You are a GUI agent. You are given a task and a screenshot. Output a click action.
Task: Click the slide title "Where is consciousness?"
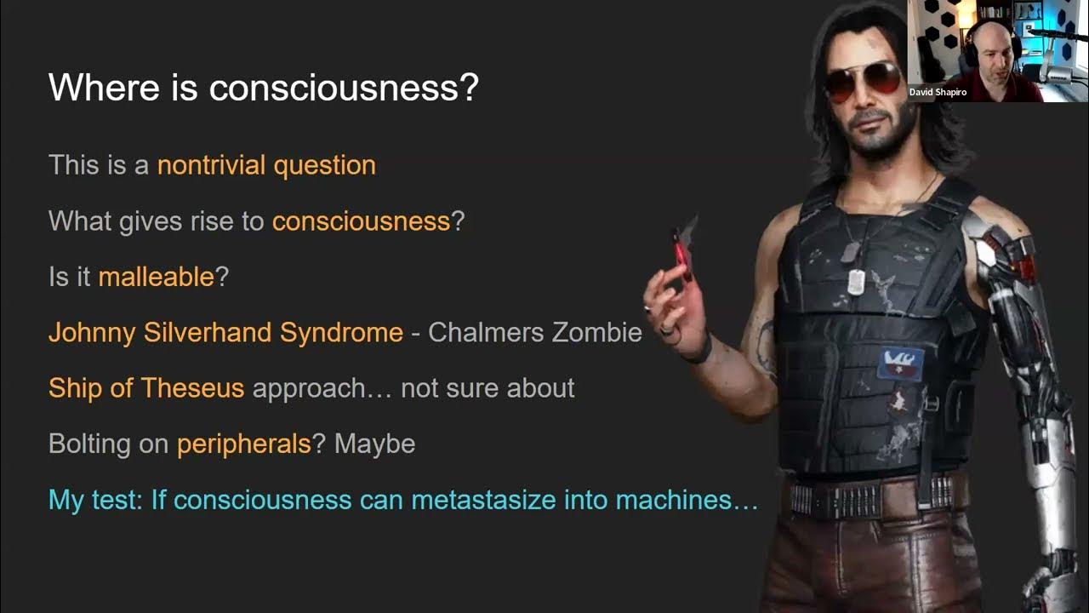tap(264, 88)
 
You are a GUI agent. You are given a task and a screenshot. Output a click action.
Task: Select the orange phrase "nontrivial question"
tap(266, 164)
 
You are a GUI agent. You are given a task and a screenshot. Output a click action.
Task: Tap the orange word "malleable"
tap(157, 277)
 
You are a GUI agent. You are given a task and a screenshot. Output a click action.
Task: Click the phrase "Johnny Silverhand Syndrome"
tap(225, 332)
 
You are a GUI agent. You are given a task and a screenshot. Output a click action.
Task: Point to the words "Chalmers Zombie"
tap(534, 332)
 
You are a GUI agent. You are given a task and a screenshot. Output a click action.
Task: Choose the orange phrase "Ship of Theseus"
tap(146, 388)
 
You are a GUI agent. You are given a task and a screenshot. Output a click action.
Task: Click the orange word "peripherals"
tap(244, 444)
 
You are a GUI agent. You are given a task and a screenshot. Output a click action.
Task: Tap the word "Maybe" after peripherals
tap(374, 444)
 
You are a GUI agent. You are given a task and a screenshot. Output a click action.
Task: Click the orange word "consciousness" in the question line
tap(361, 221)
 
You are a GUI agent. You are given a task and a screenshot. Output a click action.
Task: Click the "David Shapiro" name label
tap(938, 92)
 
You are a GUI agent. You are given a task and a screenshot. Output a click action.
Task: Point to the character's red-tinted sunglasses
tap(863, 78)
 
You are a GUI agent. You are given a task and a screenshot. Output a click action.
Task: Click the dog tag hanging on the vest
tap(857, 278)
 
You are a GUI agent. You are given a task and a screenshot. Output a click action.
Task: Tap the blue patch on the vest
tap(900, 362)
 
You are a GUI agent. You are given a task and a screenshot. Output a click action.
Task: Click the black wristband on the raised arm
tap(700, 348)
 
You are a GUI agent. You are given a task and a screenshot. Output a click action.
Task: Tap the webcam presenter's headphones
tap(970, 43)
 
